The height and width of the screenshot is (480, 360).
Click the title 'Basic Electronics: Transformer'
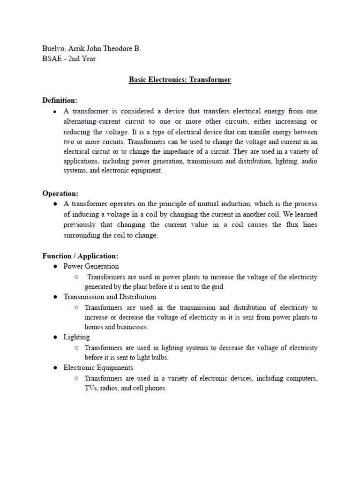tap(180, 80)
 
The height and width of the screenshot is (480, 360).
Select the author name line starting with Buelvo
tap(91, 48)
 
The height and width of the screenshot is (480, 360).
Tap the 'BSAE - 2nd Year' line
tap(69, 59)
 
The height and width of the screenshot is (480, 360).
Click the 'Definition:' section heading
tap(60, 100)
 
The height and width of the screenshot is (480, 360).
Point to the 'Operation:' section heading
tap(60, 193)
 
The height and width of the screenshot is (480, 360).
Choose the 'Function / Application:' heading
tap(80, 256)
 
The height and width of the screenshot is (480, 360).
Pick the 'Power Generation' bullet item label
tap(91, 266)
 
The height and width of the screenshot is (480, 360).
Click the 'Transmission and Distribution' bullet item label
tap(110, 297)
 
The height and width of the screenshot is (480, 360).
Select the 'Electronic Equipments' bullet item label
tap(98, 367)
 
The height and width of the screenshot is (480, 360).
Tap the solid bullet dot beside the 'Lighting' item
tap(55, 337)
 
